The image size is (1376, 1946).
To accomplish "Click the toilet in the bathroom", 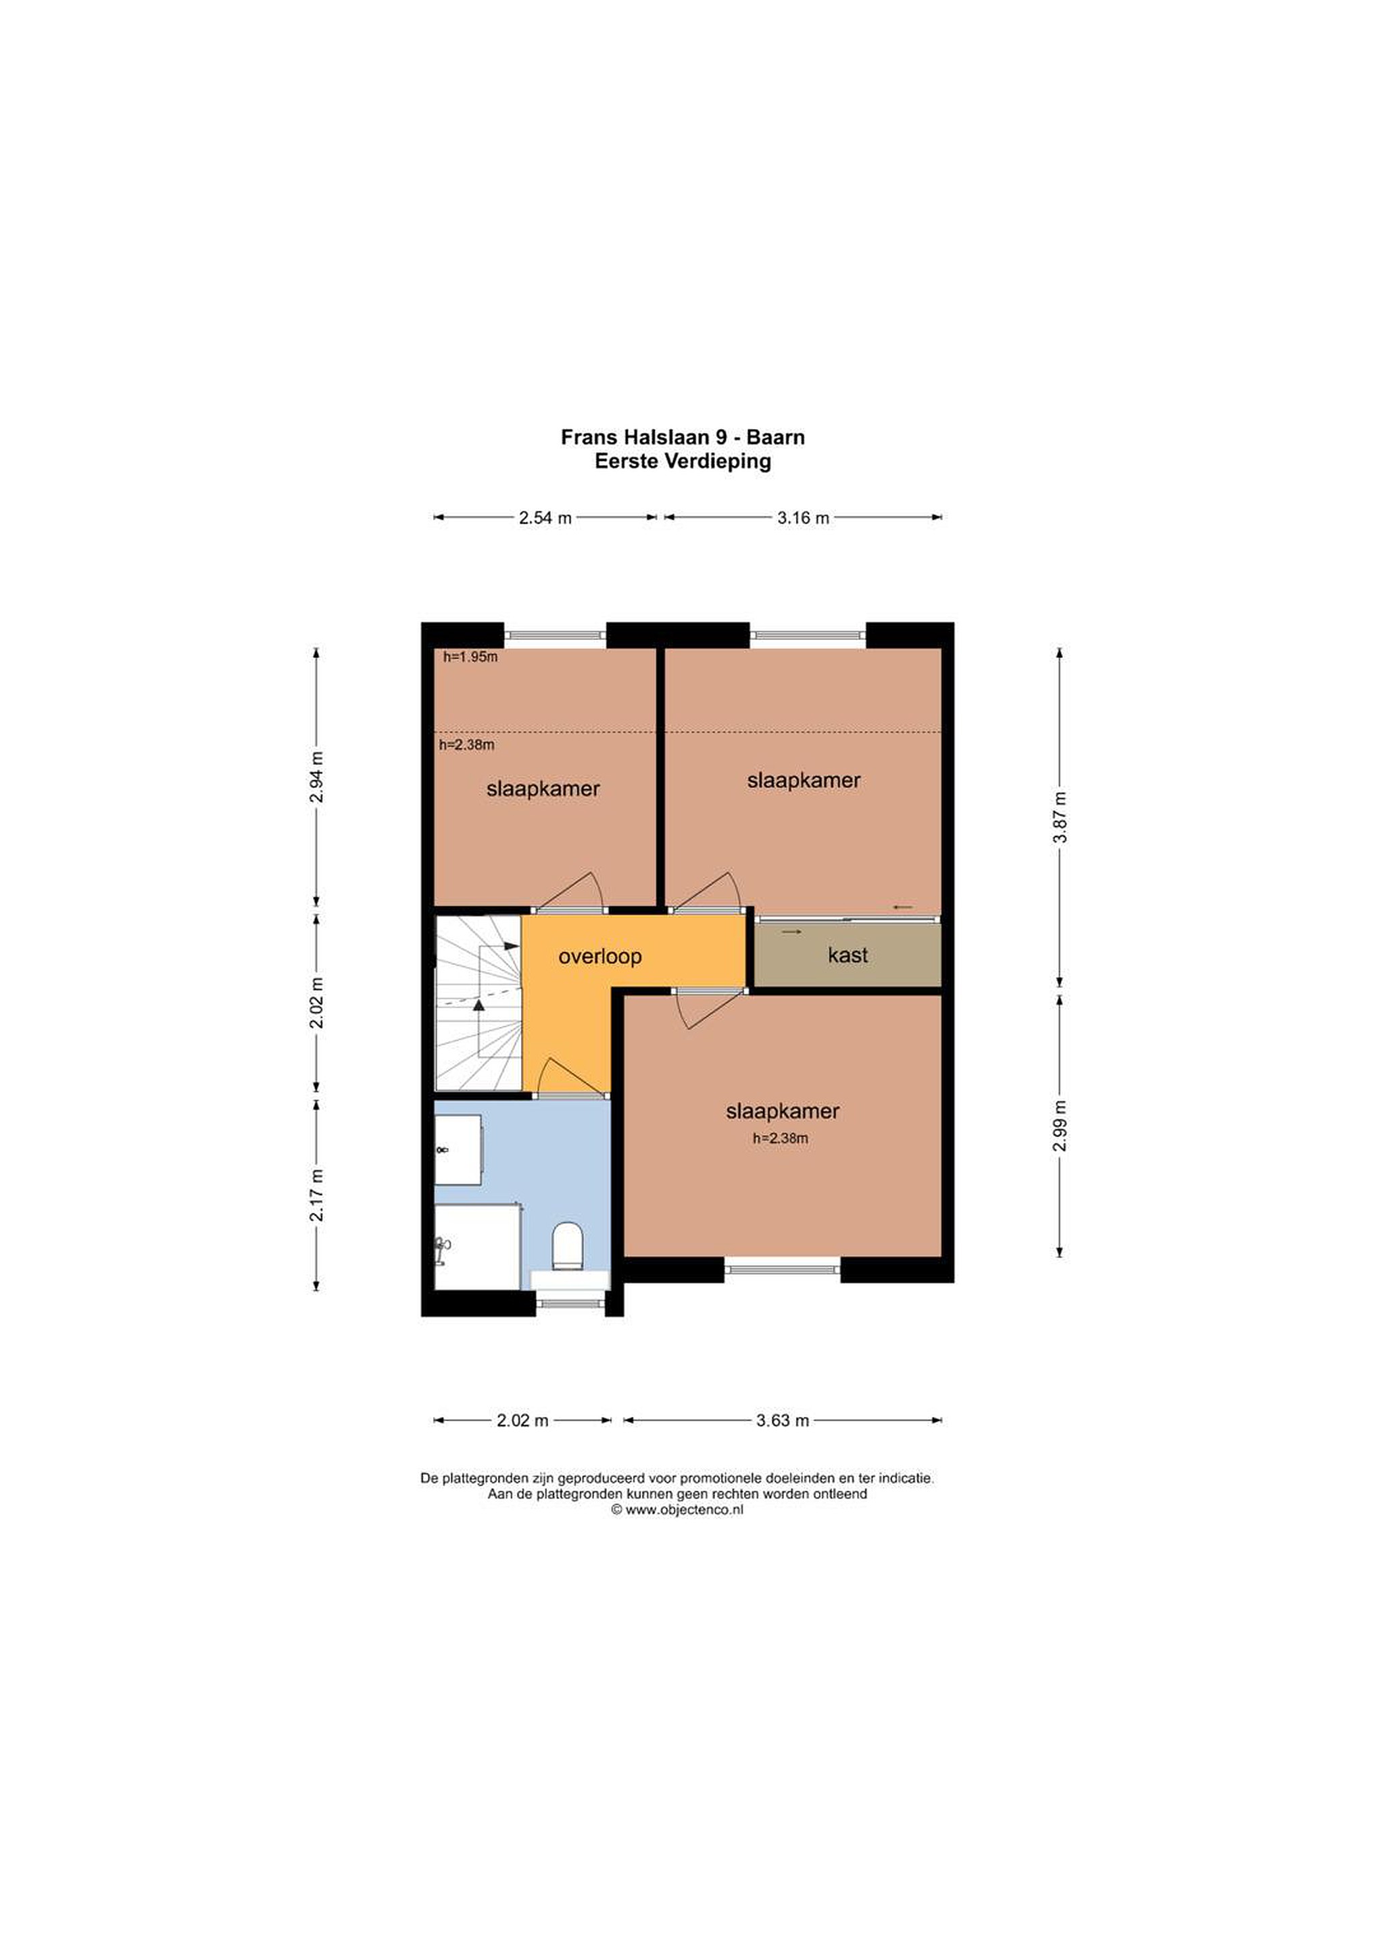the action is pyautogui.click(x=567, y=1246).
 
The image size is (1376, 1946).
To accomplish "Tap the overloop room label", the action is pyautogui.click(x=599, y=956).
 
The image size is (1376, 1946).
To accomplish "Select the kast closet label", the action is pyautogui.click(x=847, y=955).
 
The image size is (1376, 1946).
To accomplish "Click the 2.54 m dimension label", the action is pyautogui.click(x=545, y=518).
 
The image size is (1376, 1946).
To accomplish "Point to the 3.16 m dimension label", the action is pyautogui.click(x=803, y=518).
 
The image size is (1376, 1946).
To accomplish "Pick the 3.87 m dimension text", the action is pyautogui.click(x=1059, y=817).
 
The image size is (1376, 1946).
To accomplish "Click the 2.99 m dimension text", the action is pyautogui.click(x=1059, y=1126).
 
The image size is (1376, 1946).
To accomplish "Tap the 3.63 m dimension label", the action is pyautogui.click(x=783, y=1420).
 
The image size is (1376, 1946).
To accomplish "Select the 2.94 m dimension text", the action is pyautogui.click(x=316, y=777).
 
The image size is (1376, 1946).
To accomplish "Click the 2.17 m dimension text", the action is pyautogui.click(x=316, y=1195).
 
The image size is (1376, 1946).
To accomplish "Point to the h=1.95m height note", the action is pyautogui.click(x=470, y=656).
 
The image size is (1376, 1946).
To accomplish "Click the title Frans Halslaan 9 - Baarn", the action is pyautogui.click(x=683, y=437).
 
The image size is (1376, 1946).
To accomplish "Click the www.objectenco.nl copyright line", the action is pyautogui.click(x=677, y=1510).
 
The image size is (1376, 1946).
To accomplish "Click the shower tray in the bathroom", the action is pyautogui.click(x=477, y=1247).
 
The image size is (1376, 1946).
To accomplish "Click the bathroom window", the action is pyautogui.click(x=570, y=1303).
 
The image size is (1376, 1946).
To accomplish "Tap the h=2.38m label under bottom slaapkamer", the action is pyautogui.click(x=780, y=1139).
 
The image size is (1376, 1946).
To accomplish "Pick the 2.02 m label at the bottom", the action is pyautogui.click(x=523, y=1420).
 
